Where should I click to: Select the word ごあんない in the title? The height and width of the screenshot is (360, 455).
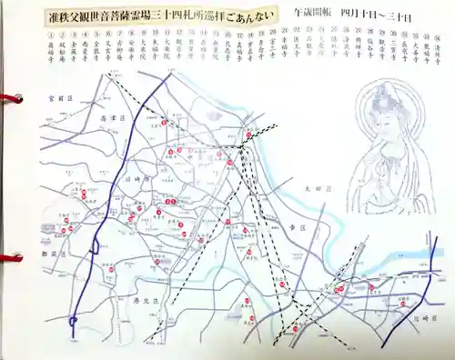[247, 15]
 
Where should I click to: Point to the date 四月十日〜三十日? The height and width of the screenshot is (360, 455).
[379, 16]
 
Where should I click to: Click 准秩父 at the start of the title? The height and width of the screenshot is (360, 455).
[66, 15]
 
